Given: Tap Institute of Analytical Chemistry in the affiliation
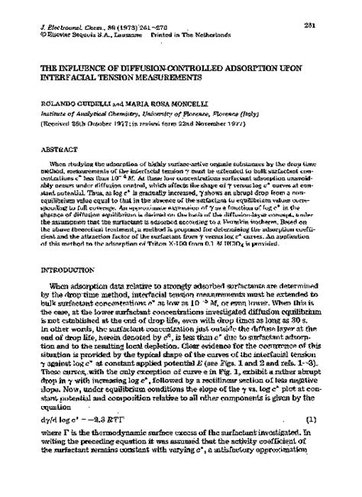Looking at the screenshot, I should [83, 112].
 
